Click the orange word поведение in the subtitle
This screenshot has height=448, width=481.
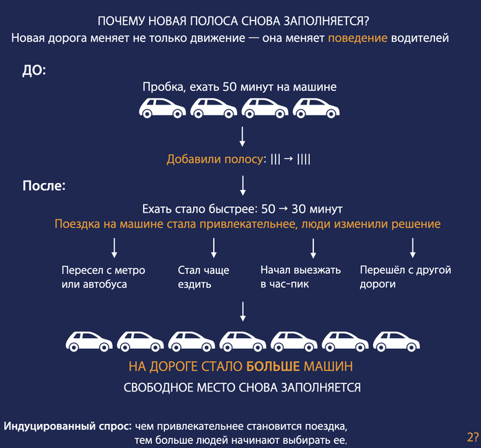tap(358, 39)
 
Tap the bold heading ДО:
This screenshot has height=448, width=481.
tap(34, 70)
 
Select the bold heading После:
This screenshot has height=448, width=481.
tap(44, 186)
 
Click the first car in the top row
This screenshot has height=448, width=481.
tap(162, 108)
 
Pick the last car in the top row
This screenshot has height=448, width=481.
tap(316, 108)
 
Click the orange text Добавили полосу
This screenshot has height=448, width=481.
tap(214, 159)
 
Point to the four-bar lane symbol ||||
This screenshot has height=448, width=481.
tap(304, 159)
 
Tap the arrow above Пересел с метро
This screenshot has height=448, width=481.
tap(115, 248)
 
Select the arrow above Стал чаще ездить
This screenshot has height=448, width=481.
tap(214, 248)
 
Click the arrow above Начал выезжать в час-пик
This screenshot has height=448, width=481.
tap(313, 248)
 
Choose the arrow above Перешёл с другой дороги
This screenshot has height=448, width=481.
tap(413, 248)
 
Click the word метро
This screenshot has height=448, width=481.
tap(129, 270)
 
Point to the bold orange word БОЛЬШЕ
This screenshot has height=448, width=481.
tap(273, 366)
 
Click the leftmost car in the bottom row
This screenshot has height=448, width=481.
tap(89, 341)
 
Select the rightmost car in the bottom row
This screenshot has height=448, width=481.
tap(396, 341)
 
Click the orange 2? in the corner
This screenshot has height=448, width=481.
tap(473, 437)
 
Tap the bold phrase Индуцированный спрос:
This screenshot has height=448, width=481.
tap(68, 427)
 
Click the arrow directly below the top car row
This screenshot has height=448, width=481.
tap(243, 136)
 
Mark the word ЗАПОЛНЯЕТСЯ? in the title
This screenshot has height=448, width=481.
tap(326, 21)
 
